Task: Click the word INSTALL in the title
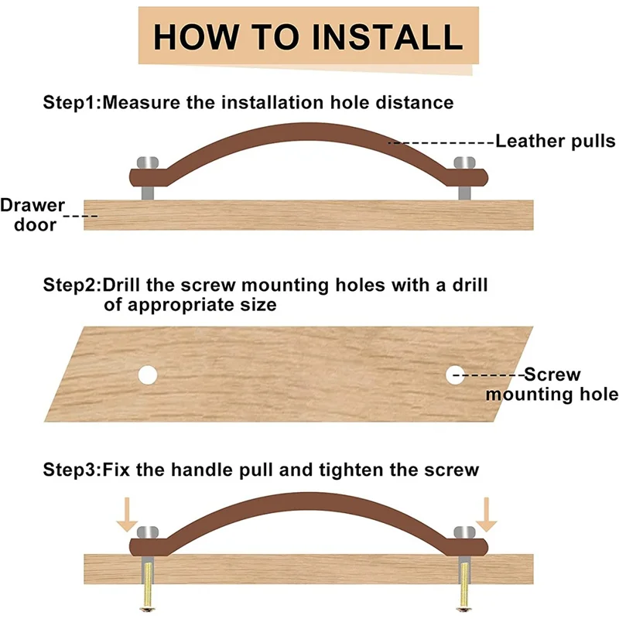(x=388, y=36)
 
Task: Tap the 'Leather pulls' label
(x=555, y=141)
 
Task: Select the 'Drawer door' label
(x=33, y=215)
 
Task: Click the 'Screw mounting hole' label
(x=552, y=384)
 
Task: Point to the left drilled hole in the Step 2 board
(x=148, y=375)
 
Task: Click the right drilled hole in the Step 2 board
(x=455, y=375)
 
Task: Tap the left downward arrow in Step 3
(x=127, y=515)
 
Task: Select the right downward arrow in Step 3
(x=487, y=515)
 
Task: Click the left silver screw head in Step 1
(x=148, y=162)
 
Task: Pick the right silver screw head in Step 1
(x=465, y=162)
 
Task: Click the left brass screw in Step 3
(x=147, y=587)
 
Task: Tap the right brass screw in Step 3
(x=464, y=587)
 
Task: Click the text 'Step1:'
(x=72, y=103)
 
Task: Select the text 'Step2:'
(x=72, y=286)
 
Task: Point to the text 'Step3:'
(x=72, y=470)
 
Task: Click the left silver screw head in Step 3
(x=148, y=532)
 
